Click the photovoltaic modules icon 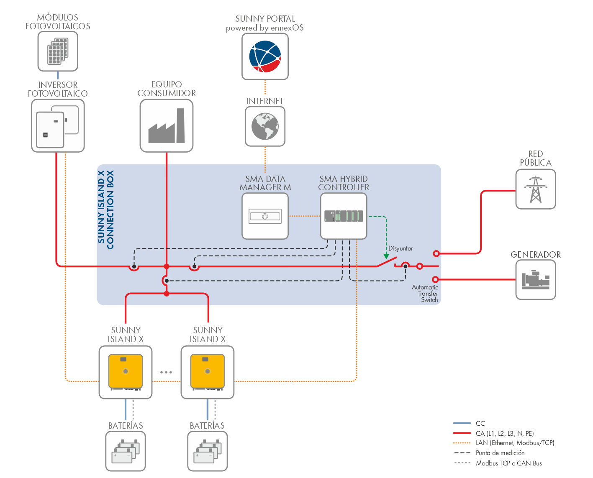58,51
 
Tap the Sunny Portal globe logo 265,56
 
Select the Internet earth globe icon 265,126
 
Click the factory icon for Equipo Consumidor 167,126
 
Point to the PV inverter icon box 58,126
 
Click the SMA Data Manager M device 265,216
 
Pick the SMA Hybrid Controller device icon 344,216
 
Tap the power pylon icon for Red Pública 536,189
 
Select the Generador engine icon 536,280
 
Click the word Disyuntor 400,248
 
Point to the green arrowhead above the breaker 386,256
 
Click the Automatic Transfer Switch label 425,294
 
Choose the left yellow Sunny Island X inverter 126,372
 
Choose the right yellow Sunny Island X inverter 208,372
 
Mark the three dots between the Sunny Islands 166,372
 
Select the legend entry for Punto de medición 500,453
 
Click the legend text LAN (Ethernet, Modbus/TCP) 515,443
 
